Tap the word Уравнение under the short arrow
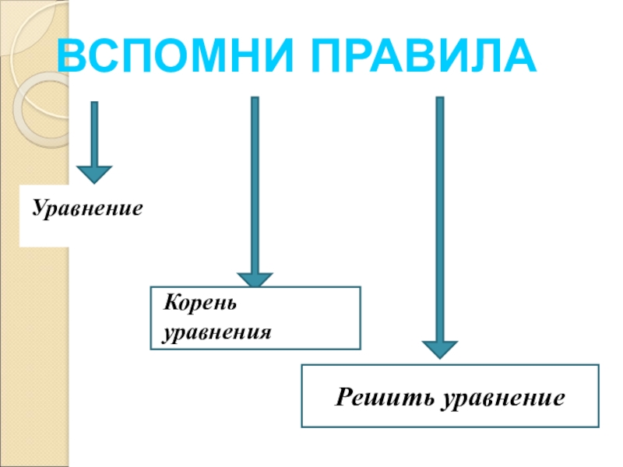88,209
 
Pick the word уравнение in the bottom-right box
502,397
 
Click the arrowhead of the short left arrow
94,174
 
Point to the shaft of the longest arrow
440,218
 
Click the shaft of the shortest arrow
94,132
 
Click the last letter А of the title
519,57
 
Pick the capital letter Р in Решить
343,397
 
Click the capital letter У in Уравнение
37,209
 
